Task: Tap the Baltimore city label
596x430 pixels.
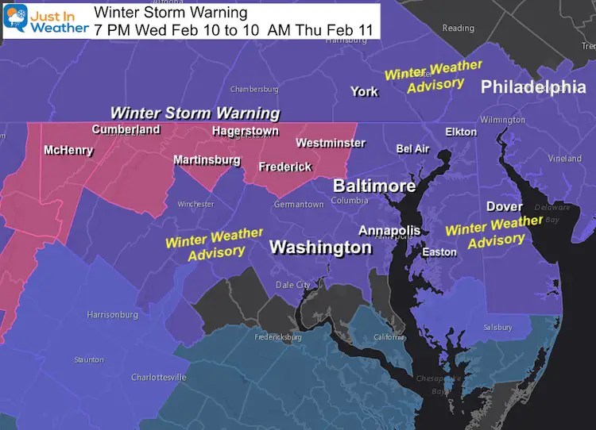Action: (373, 186)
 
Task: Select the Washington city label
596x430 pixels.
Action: (320, 248)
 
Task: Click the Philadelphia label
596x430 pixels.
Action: (533, 86)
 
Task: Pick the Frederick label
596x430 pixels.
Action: (285, 167)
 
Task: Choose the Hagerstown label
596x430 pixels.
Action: (246, 132)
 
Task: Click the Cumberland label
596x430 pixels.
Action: (126, 129)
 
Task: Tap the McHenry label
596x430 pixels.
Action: (68, 150)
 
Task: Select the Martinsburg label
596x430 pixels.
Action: (207, 160)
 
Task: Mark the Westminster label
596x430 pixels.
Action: (331, 144)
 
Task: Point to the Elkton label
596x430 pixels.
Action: (461, 132)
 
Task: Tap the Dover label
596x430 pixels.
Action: (505, 206)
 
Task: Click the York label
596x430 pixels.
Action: (365, 92)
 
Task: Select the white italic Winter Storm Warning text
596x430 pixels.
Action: (195, 113)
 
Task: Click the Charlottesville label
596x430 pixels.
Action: (158, 378)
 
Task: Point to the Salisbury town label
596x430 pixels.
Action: (498, 327)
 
